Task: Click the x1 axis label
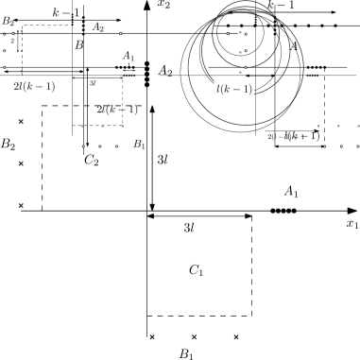tap(351, 226)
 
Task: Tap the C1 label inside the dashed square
tap(197, 271)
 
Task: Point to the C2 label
tap(91, 161)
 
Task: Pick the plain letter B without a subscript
tap(78, 44)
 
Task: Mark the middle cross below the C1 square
tap(194, 336)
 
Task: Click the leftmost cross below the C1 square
tap(151, 336)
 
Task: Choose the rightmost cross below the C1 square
tap(236, 336)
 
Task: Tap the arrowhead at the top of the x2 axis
tap(146, 6)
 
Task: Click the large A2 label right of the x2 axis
tap(166, 71)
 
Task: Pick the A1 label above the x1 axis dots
tap(291, 193)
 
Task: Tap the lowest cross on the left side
tap(21, 205)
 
